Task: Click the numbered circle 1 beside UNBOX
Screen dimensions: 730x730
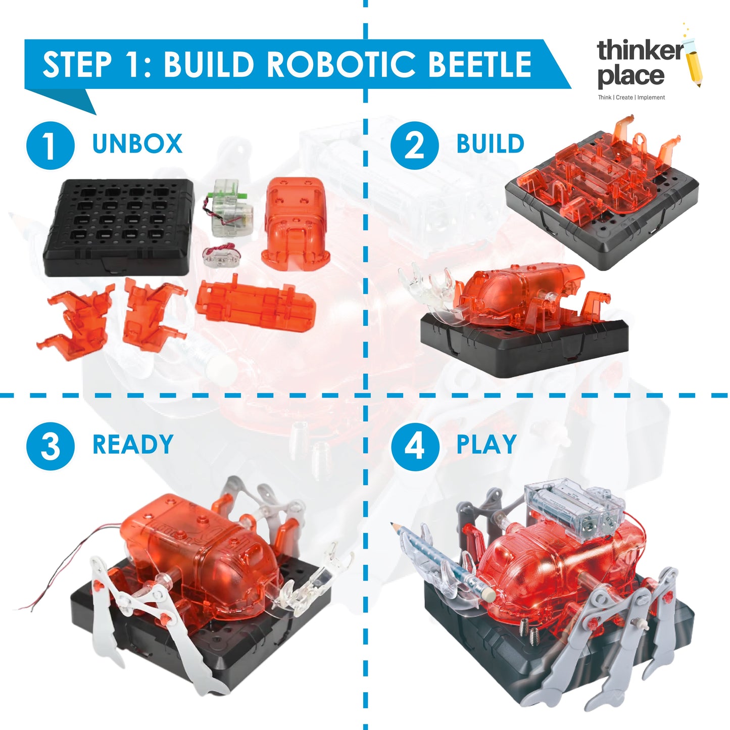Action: tap(51, 145)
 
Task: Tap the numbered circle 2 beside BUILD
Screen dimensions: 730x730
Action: tap(414, 145)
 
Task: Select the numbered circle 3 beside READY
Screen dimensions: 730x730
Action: tap(51, 446)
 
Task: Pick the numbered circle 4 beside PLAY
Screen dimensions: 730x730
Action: tap(414, 446)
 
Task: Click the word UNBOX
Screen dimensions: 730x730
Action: tap(137, 143)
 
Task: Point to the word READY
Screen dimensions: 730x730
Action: tap(133, 444)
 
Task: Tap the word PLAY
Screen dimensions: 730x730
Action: tap(486, 444)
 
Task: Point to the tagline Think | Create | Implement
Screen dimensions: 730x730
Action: tap(631, 98)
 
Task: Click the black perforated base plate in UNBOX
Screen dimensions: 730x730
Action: tap(119, 227)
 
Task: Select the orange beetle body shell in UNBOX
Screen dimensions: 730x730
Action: tap(295, 225)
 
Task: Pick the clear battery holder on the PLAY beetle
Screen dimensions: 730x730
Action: tap(574, 506)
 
